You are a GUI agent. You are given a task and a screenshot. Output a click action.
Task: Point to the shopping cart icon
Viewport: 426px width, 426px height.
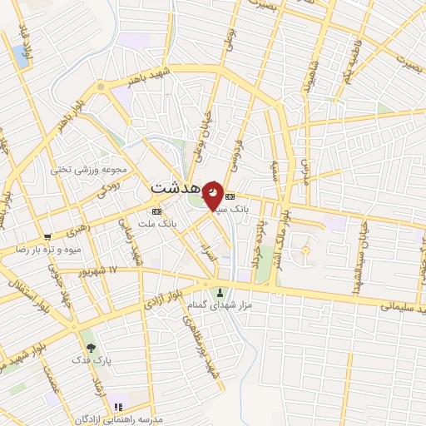point(48,235)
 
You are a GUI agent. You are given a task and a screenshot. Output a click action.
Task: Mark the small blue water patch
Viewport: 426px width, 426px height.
point(20,57)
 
